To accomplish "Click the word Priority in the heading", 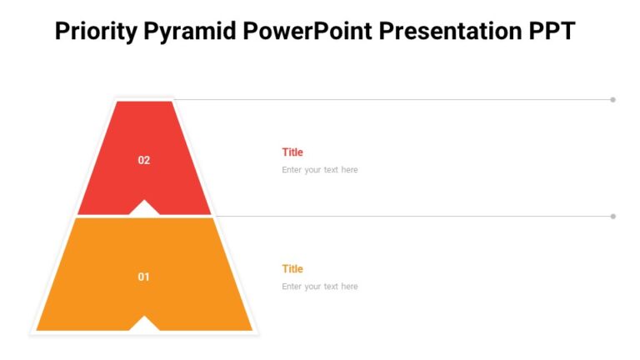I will pyautogui.click(x=94, y=32).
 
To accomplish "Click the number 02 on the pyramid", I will pyautogui.click(x=144, y=160).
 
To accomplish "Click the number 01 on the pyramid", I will pyautogui.click(x=144, y=277).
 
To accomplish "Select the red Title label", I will pyautogui.click(x=292, y=152).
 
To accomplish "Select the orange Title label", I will pyautogui.click(x=292, y=269).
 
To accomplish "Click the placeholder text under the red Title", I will pyautogui.click(x=320, y=170).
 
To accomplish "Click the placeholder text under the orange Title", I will pyautogui.click(x=320, y=287).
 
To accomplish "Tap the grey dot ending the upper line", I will pyautogui.click(x=613, y=100).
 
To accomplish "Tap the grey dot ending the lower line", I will pyautogui.click(x=613, y=217).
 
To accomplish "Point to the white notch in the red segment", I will pyautogui.click(x=144, y=208).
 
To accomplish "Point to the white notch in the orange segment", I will pyautogui.click(x=144, y=324).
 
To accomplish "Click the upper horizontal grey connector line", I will pyautogui.click(x=392, y=100).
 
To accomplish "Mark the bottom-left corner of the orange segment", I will pyautogui.click(x=38, y=329).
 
